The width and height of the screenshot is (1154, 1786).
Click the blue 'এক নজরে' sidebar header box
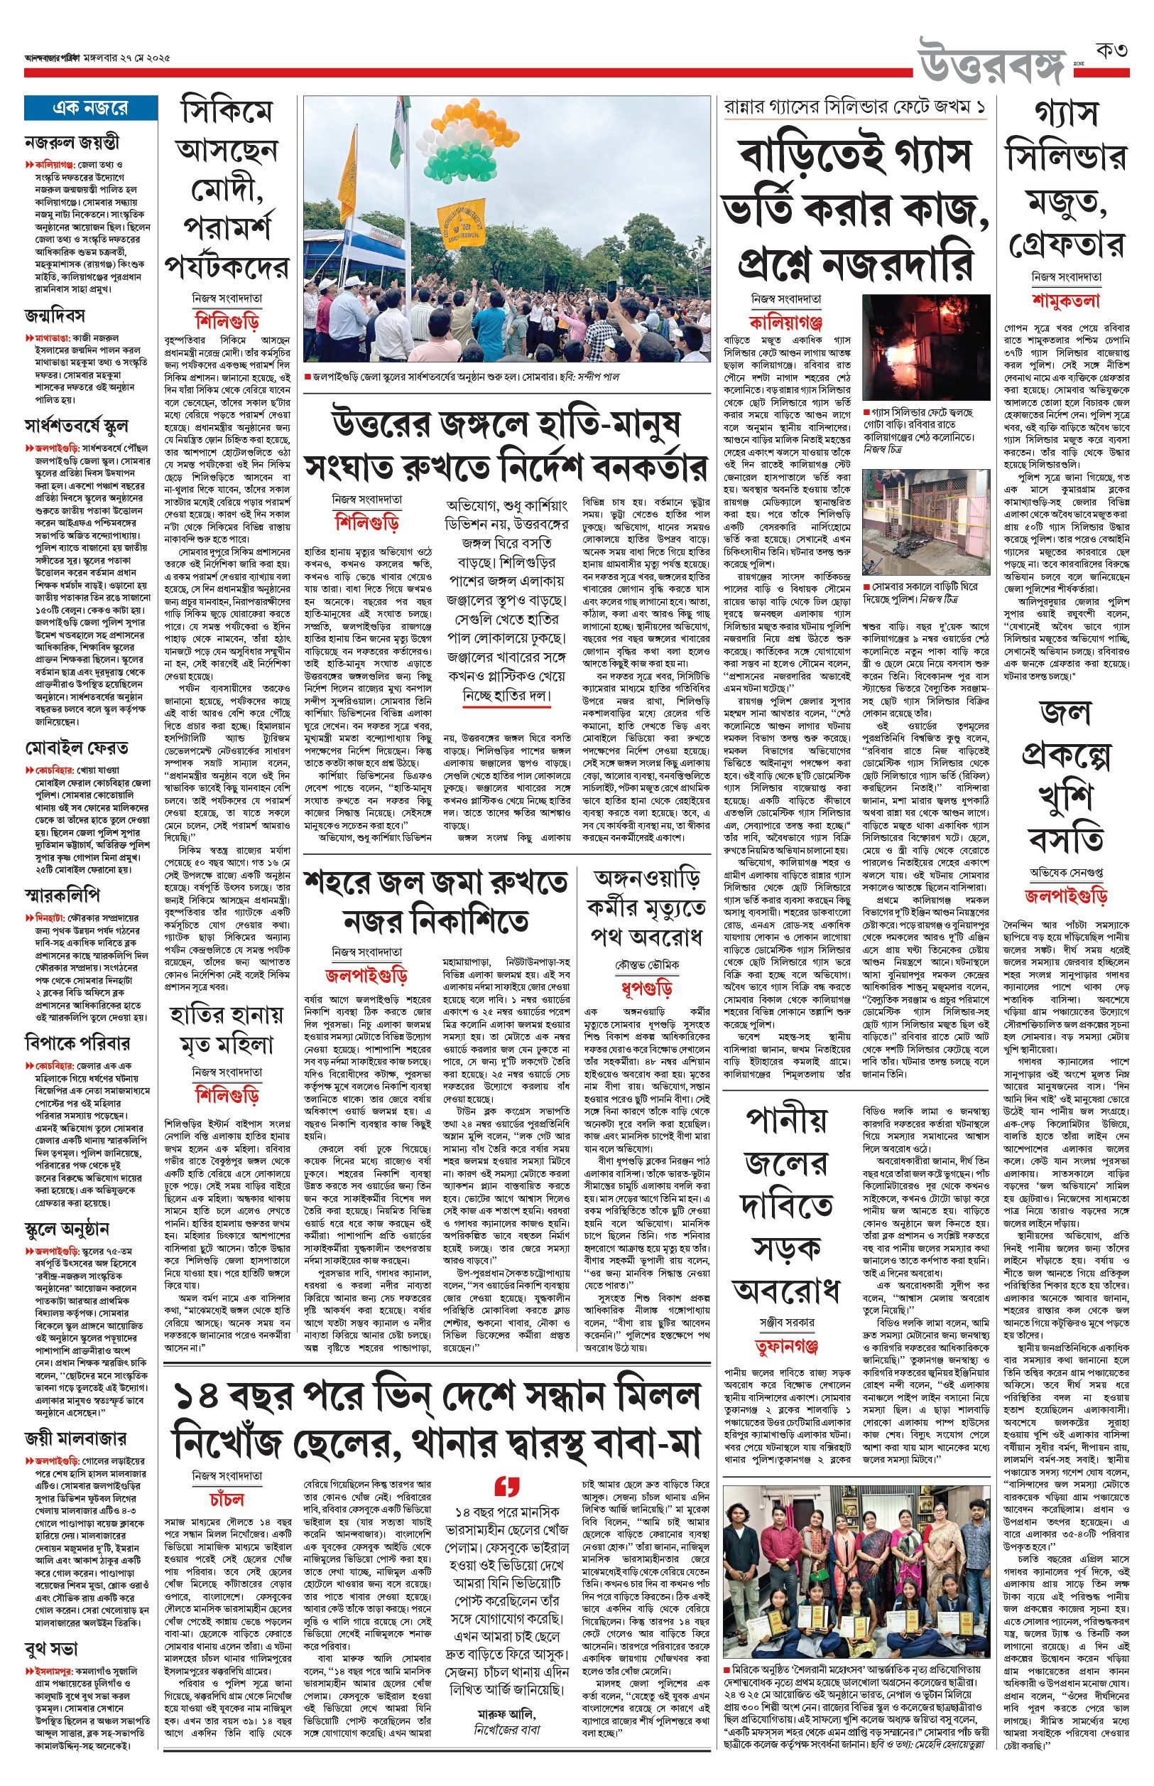90,108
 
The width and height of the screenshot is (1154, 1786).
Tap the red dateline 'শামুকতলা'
1065,301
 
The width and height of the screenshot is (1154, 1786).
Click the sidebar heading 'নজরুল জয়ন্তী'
72,141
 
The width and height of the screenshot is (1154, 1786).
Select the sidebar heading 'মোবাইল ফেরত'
77,748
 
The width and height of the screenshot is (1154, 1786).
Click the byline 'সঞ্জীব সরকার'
786,1323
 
